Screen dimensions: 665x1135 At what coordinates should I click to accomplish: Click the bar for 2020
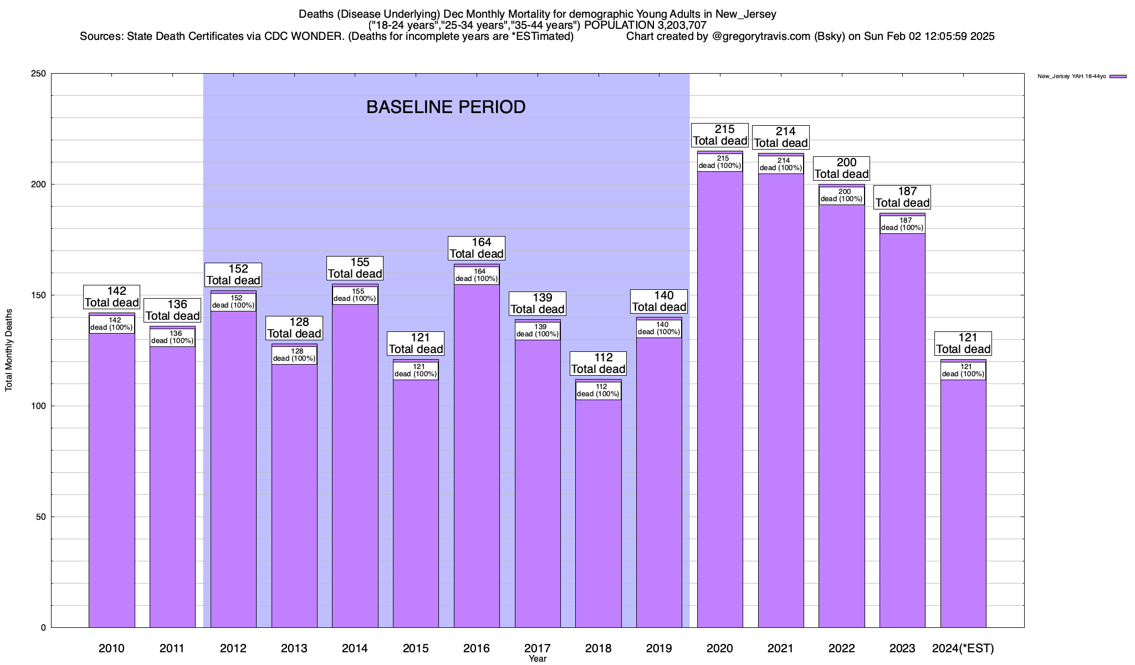click(720, 399)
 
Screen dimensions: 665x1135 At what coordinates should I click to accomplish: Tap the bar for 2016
click(477, 454)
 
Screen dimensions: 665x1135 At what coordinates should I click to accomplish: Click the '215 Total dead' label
click(720, 135)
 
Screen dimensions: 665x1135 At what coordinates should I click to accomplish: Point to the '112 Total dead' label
click(599, 364)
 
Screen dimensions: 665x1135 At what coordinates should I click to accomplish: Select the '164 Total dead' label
click(477, 248)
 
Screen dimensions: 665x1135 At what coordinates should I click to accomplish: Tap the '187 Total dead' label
click(902, 197)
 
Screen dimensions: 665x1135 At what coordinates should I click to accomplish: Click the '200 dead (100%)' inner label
click(842, 196)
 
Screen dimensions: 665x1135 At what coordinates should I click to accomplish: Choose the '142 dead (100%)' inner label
click(112, 324)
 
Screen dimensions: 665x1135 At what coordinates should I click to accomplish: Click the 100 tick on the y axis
click(39, 406)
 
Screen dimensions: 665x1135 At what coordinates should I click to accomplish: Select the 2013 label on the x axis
click(294, 648)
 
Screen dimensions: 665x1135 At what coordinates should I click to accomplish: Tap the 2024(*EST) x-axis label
click(963, 648)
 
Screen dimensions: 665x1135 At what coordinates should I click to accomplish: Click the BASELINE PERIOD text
click(446, 107)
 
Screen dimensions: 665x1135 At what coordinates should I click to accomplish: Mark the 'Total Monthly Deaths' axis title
click(9, 350)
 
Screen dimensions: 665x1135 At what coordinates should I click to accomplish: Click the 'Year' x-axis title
click(537, 659)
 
